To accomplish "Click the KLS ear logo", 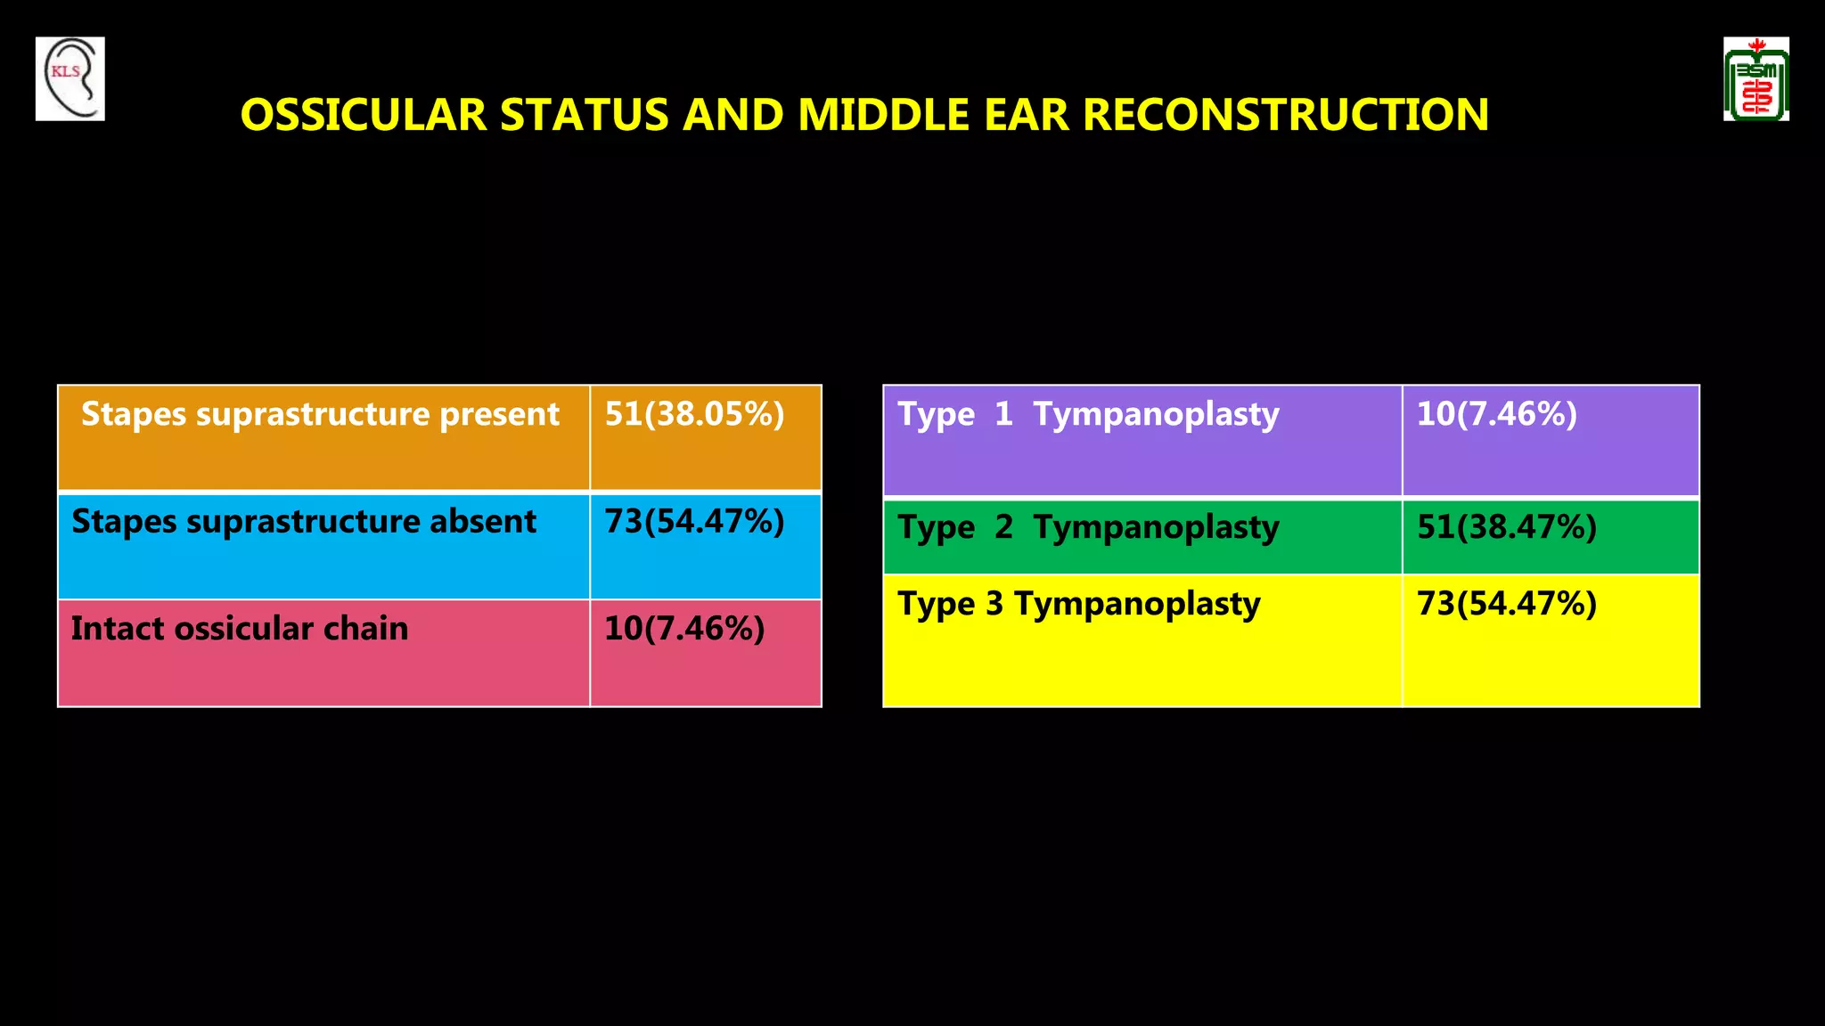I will pos(70,78).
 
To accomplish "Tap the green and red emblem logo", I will pos(1755,79).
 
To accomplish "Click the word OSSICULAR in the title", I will pos(364,115).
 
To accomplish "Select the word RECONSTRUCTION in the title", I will pos(1285,115).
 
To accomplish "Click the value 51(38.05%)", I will pos(694,414).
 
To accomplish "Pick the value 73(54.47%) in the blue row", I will pos(694,521).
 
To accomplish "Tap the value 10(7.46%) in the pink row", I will pos(684,629).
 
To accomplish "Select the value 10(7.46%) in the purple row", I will pos(1497,414).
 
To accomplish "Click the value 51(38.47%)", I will pos(1507,527).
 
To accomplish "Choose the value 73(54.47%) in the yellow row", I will pos(1507,604).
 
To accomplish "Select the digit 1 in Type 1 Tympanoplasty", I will pos(1003,414).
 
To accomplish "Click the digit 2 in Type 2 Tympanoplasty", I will pos(1003,527).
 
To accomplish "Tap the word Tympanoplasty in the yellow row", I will pos(1137,605).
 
